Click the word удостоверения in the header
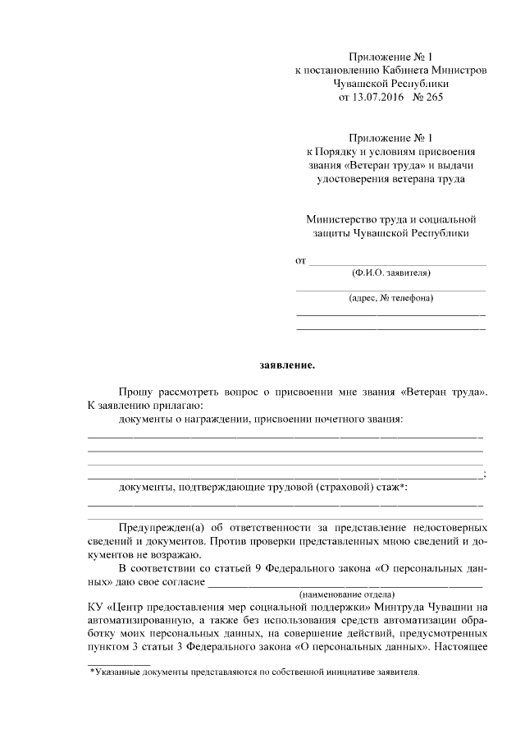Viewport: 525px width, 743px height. point(352,178)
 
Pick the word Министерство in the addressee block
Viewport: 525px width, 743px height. point(338,220)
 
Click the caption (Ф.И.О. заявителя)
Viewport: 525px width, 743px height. point(390,273)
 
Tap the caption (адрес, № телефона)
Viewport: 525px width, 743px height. point(390,298)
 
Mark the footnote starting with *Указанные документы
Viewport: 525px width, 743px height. point(254,672)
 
